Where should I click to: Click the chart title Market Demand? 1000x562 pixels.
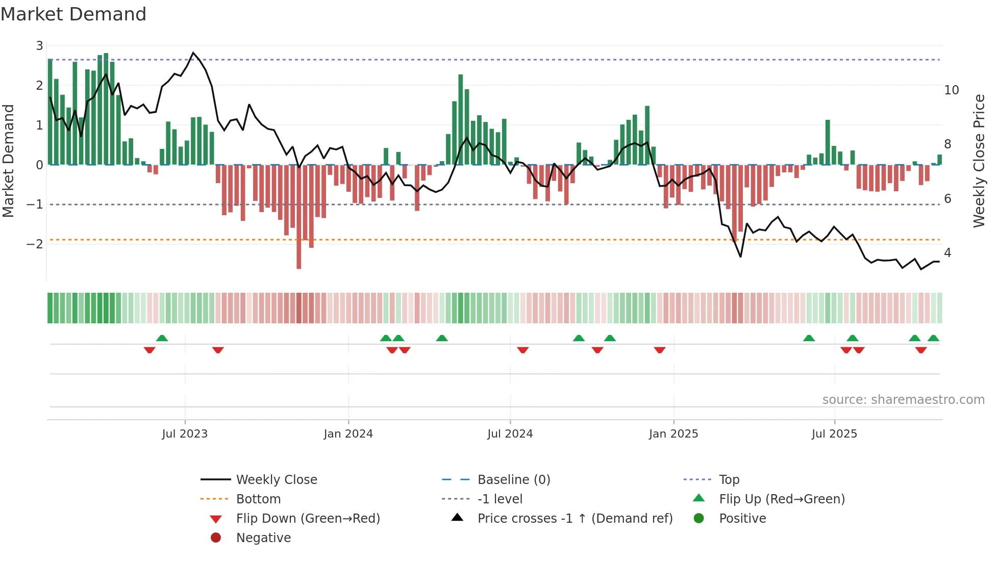(x=73, y=14)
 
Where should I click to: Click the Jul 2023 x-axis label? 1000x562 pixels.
(x=185, y=434)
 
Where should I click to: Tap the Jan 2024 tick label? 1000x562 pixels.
(x=348, y=434)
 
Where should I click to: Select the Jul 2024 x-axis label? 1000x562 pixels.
(x=510, y=434)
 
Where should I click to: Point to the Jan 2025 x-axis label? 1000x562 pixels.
(x=673, y=434)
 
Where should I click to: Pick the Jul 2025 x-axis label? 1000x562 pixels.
(x=834, y=434)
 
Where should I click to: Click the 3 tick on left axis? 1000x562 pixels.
(x=39, y=46)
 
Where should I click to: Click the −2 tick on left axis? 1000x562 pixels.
(x=35, y=244)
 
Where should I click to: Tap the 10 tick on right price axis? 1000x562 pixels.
(x=951, y=90)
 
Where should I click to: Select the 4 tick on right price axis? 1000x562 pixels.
(x=947, y=253)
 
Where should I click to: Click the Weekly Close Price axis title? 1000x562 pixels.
(x=979, y=161)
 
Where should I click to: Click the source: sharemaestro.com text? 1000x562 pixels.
(x=903, y=400)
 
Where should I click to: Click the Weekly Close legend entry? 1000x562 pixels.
(x=276, y=480)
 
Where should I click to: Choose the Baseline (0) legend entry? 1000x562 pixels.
(x=513, y=480)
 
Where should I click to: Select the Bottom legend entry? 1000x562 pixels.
(x=258, y=499)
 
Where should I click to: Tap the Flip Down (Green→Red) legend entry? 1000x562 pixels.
(x=308, y=519)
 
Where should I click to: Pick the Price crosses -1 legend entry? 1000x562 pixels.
(x=574, y=519)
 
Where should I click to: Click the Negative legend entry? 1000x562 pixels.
(x=263, y=538)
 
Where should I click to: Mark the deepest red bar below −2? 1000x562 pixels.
(x=299, y=255)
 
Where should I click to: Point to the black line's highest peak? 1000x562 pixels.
(x=193, y=53)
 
